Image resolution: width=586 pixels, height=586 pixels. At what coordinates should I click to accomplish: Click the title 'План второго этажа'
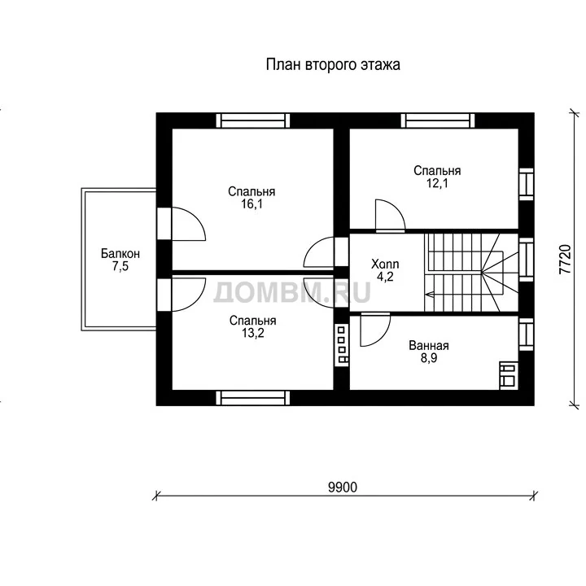tap(333, 64)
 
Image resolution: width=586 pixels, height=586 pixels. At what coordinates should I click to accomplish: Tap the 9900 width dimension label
tap(343, 488)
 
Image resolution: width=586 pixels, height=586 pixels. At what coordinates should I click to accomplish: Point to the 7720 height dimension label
tap(565, 260)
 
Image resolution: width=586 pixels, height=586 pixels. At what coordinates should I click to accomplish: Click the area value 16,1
tap(251, 204)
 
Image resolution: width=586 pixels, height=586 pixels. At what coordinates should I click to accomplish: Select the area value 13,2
tap(252, 333)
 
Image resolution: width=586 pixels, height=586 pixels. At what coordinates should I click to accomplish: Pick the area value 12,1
tap(437, 183)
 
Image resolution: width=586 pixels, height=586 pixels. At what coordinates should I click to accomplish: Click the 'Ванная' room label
tap(429, 345)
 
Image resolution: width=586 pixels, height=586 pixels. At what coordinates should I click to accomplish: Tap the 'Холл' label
tap(385, 264)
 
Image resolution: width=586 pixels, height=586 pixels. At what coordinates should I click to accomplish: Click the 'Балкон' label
tap(120, 253)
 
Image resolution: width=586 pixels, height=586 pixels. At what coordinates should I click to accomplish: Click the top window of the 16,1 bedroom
tap(253, 120)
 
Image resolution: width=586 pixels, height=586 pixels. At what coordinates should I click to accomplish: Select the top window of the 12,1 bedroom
tap(438, 120)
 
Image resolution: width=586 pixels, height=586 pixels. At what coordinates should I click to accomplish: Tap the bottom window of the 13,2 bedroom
tap(253, 398)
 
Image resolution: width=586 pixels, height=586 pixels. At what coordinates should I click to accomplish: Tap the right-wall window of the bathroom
tap(527, 335)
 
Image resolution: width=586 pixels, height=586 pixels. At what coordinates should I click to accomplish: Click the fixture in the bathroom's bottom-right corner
tap(509, 375)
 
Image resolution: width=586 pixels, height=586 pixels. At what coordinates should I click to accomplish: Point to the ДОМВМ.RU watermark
tap(292, 292)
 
